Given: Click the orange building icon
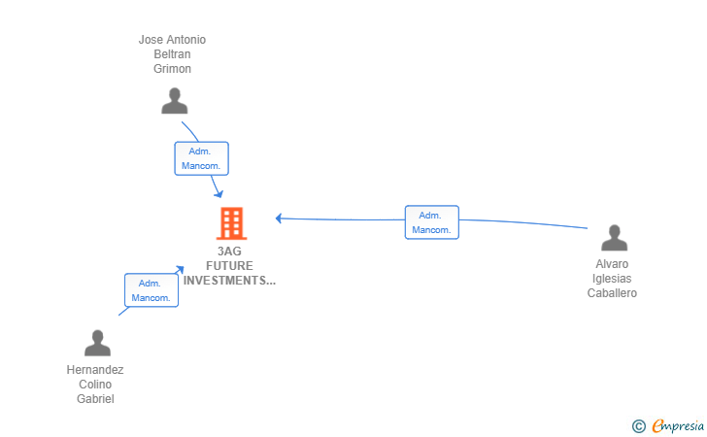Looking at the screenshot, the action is click(231, 223).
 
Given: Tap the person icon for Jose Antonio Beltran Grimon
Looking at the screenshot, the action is click(175, 101).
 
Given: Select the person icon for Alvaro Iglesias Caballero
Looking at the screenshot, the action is click(614, 238).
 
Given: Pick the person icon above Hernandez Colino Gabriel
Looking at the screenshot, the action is click(97, 343).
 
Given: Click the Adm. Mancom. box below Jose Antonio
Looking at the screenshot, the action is click(202, 158).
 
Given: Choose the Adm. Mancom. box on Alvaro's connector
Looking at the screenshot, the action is click(432, 222).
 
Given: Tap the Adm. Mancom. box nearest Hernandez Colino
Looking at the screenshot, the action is click(151, 290).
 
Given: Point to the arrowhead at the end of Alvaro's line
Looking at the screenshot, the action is click(278, 218).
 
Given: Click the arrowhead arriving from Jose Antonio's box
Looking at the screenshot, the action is click(219, 194).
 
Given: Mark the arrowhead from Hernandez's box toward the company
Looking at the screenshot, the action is click(180, 269).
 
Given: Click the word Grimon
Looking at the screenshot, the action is click(172, 69).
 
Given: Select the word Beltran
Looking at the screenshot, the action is click(172, 54).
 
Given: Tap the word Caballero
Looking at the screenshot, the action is click(612, 293).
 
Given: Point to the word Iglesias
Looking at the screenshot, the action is click(612, 279).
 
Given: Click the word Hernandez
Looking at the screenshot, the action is click(95, 370).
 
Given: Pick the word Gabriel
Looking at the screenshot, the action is click(95, 399).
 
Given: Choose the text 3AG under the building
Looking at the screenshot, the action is click(229, 252).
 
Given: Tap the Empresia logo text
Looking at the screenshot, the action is click(678, 425).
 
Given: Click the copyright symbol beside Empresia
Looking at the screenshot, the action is click(639, 426).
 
